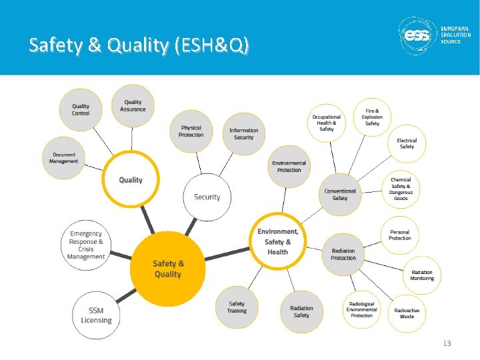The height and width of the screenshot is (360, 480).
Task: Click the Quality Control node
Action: point(81,109)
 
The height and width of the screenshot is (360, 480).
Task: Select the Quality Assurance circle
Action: point(133,105)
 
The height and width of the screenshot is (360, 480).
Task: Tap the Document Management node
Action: point(64,158)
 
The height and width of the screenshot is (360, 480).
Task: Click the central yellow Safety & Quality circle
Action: point(167,269)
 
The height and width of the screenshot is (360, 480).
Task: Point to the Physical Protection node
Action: point(191,131)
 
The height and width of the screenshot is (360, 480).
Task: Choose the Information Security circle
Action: point(243,134)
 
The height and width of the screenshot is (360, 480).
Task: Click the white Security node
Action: point(207,197)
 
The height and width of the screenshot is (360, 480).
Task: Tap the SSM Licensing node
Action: point(96,315)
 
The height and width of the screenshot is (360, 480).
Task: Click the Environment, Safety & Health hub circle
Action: point(277,241)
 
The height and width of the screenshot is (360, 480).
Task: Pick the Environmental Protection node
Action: point(289,166)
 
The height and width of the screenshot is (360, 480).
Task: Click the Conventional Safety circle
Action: point(340,194)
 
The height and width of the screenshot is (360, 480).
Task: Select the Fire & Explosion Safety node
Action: point(372,117)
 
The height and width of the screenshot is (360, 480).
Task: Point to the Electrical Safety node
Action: point(407,143)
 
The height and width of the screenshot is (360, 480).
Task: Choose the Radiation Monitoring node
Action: point(421,275)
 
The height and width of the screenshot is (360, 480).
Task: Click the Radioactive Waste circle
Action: point(407,313)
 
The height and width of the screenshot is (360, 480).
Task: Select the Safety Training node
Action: point(237,307)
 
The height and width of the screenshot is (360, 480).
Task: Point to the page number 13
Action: point(447,343)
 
